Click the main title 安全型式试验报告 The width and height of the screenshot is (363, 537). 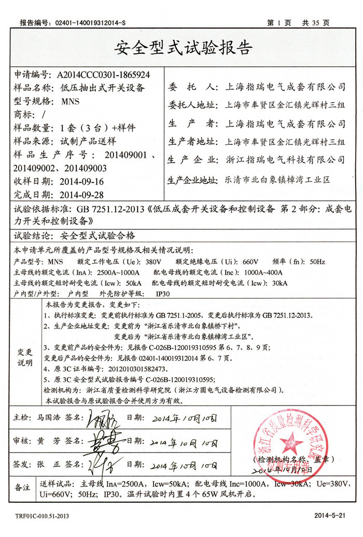pyautogui.click(x=182, y=48)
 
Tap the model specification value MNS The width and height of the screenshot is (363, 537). pyautogui.click(x=70, y=101)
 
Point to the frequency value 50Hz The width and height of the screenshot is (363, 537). pyautogui.click(x=317, y=262)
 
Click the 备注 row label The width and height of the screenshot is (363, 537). pyautogui.click(x=23, y=487)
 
